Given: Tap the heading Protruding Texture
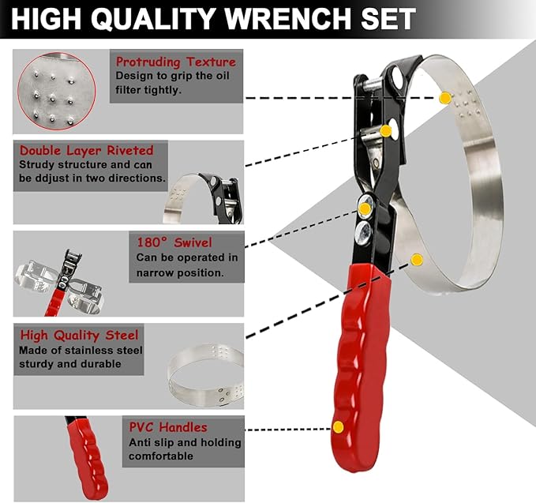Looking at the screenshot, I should click(x=175, y=62).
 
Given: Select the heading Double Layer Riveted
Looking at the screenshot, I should click(x=87, y=149).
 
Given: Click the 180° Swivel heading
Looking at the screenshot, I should click(x=173, y=242).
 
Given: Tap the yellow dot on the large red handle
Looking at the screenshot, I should click(x=338, y=426).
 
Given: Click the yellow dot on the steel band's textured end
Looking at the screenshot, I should click(x=444, y=98).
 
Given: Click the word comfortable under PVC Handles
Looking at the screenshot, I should click(x=161, y=456).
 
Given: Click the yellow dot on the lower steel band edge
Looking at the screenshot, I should click(x=417, y=259).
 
